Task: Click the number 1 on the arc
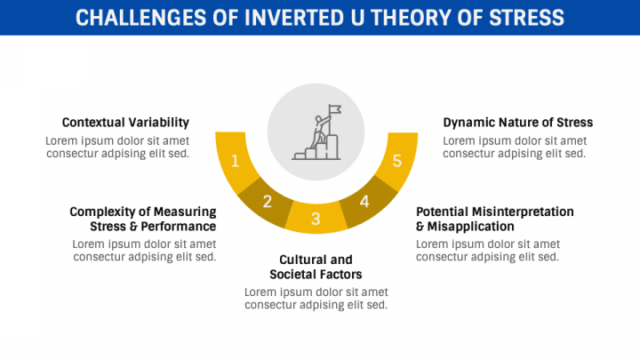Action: pos(235,161)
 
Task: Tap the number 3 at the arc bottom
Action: pos(316,219)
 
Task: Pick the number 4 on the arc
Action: pos(364,201)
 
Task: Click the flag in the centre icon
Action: pos(335,109)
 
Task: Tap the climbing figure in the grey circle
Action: pos(320,131)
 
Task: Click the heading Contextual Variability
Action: pos(125,123)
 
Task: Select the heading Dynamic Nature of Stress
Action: pos(518,123)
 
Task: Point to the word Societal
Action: pos(291,275)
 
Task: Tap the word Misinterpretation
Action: pos(523,212)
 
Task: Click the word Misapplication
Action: pos(470,227)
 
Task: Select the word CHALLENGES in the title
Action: pos(140,18)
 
